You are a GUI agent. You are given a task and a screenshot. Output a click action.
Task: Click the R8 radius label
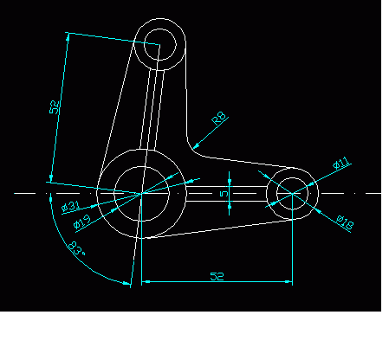coord(219,118)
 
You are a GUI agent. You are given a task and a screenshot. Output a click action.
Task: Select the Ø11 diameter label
coord(340,164)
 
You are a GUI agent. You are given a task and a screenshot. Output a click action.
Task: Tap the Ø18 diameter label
coord(345,223)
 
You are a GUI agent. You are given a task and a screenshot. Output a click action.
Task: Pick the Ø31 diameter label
coord(71,206)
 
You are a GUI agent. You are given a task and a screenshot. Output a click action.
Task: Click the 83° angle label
coord(76,248)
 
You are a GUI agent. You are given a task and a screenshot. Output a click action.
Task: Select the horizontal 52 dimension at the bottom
coord(217,276)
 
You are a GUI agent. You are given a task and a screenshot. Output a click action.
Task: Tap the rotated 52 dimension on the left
coord(55,107)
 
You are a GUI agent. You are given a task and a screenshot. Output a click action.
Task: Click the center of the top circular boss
coord(159,44)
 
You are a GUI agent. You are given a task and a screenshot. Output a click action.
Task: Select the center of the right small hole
coord(293,193)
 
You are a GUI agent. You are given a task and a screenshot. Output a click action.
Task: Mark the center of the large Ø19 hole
coord(141,194)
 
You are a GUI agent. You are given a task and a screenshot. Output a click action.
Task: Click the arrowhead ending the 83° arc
coord(126,283)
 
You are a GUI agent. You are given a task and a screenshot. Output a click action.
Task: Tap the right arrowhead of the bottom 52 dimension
coord(289,281)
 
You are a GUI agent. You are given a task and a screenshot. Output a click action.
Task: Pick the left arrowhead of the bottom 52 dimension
coord(146,281)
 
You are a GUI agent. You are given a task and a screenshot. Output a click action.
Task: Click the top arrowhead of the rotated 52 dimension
coord(68,36)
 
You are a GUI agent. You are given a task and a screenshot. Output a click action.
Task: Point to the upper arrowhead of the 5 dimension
coord(230,182)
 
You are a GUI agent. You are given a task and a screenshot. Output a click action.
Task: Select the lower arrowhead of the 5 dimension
coord(230,205)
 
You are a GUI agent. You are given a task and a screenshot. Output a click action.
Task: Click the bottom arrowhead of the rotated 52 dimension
coord(51,177)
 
